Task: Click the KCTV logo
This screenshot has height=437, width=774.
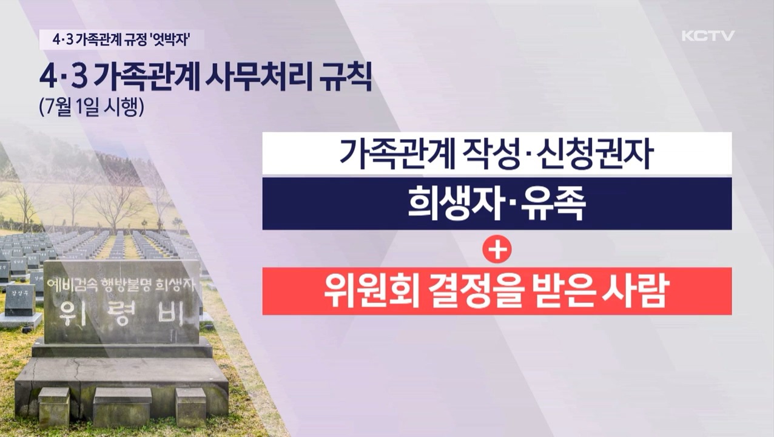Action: pyautogui.click(x=707, y=36)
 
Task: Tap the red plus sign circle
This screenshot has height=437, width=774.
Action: pyautogui.click(x=497, y=249)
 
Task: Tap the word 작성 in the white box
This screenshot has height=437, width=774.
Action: pyautogui.click(x=488, y=154)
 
